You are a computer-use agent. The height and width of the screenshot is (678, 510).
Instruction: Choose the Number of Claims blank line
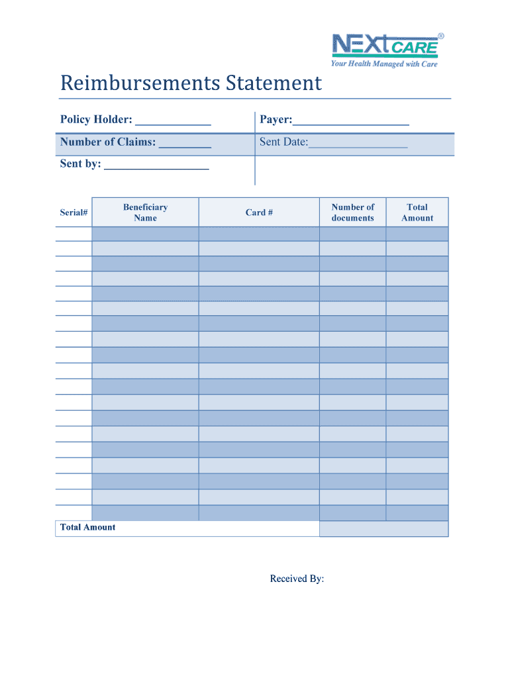pos(185,144)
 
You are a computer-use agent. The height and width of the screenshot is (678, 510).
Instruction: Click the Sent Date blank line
pos(358,144)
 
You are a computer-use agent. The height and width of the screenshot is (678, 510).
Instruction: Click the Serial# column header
pos(74,213)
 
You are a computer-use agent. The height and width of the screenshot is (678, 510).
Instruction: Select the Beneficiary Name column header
pos(145,213)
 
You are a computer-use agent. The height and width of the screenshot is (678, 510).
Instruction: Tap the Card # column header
pos(259,213)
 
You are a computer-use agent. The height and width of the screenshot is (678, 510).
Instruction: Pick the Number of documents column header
pos(352,213)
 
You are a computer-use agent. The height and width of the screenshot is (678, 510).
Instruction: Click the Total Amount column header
pos(417,213)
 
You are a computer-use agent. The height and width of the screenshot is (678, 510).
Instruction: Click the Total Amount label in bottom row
pos(87,528)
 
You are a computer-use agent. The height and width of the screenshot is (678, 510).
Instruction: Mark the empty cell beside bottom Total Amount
pos(383,528)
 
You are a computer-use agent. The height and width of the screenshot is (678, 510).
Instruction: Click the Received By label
pos(297,579)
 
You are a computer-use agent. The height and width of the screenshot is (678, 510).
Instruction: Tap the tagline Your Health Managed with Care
pos(384,64)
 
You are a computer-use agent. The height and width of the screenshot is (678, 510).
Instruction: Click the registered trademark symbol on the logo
pos(441,36)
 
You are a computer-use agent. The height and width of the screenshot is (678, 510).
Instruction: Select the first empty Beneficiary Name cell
pos(145,234)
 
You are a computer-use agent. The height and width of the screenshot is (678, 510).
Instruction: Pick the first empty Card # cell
pos(259,234)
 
